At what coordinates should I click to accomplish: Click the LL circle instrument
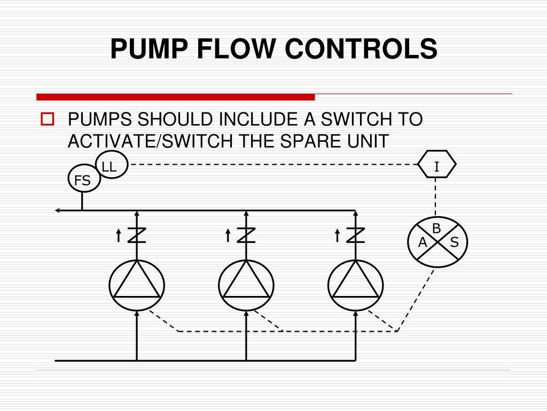(110, 166)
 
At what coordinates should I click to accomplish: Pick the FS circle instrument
(83, 180)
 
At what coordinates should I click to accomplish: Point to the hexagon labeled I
(436, 166)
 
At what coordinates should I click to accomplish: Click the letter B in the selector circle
(436, 229)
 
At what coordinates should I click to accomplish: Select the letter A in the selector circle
(422, 243)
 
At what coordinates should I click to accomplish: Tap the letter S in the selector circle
(455, 243)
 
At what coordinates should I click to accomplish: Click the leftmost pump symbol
(137, 284)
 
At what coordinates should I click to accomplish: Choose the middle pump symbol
(246, 284)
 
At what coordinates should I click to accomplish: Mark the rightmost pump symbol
(355, 284)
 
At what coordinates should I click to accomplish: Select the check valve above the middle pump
(246, 235)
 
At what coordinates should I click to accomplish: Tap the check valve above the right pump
(355, 235)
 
